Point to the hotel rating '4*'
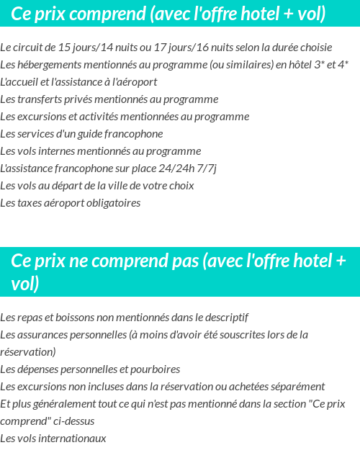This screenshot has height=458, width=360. [343, 65]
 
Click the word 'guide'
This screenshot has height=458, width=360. [89, 134]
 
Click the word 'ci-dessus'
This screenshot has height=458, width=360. [72, 421]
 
